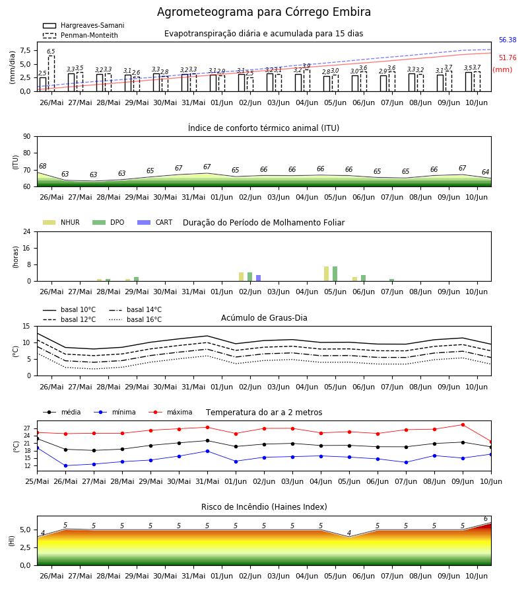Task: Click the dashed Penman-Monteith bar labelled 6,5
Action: click(x=51, y=73)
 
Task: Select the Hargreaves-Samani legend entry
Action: click(x=84, y=25)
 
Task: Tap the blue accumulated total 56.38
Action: click(x=508, y=40)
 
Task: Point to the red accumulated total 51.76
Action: click(x=508, y=58)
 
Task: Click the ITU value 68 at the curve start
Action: click(x=42, y=166)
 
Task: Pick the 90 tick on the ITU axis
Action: click(x=27, y=137)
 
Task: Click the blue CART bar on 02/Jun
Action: click(x=258, y=278)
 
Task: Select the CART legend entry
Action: click(x=155, y=222)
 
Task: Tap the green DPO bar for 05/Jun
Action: click(x=335, y=274)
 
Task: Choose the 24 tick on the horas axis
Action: click(x=27, y=231)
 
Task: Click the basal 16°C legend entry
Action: click(x=135, y=319)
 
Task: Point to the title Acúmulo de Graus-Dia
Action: click(x=264, y=318)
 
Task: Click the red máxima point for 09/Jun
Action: click(x=463, y=425)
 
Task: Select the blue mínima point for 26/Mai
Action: click(x=65, y=465)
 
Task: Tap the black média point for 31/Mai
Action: click(x=207, y=440)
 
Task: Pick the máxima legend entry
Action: click(x=170, y=412)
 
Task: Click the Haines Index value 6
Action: click(x=486, y=519)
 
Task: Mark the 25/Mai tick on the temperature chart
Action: click(x=37, y=481)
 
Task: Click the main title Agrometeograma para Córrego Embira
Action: click(x=264, y=12)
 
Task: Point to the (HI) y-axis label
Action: click(x=11, y=541)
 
